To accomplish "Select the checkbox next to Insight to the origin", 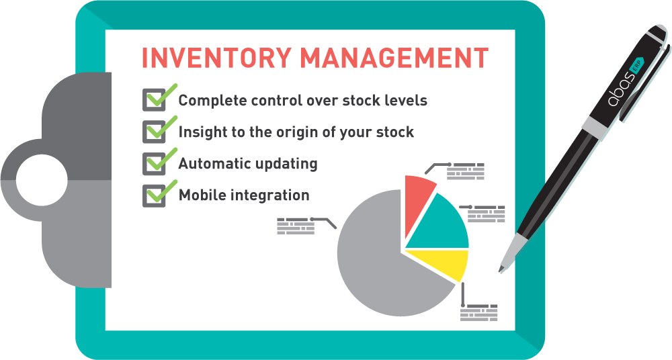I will click(x=155, y=132).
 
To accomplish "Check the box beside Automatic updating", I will click(x=155, y=163).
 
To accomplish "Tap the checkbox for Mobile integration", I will click(x=155, y=195).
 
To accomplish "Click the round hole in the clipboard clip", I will click(x=42, y=180).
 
